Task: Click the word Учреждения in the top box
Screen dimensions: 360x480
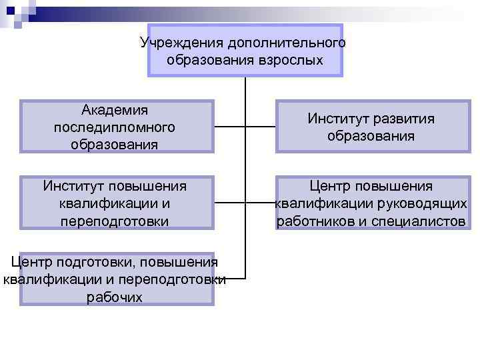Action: click(x=182, y=43)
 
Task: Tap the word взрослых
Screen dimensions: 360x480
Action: click(x=291, y=61)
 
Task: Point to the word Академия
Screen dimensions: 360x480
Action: click(x=115, y=110)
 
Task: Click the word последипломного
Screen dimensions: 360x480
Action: click(x=115, y=127)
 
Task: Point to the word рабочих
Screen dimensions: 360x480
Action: click(x=115, y=297)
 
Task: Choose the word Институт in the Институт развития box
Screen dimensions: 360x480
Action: click(x=336, y=119)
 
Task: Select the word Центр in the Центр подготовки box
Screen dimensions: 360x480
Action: click(x=33, y=262)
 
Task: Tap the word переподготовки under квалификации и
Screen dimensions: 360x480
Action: click(x=115, y=221)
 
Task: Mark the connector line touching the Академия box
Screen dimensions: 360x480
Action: click(x=229, y=127)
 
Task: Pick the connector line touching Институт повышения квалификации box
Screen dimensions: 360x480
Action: click(x=229, y=201)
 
